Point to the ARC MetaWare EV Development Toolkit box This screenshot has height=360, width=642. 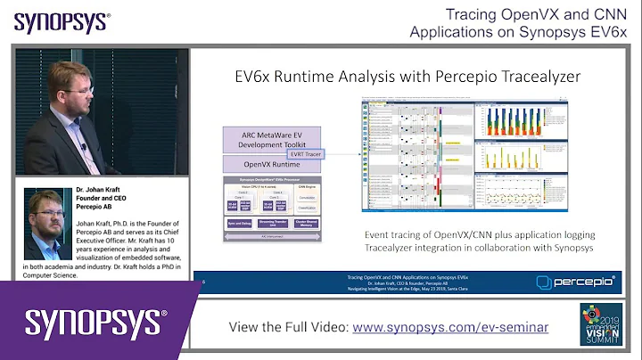tap(265, 141)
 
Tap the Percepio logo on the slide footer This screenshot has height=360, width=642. tap(576, 282)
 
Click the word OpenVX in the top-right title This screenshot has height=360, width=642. tap(551, 14)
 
